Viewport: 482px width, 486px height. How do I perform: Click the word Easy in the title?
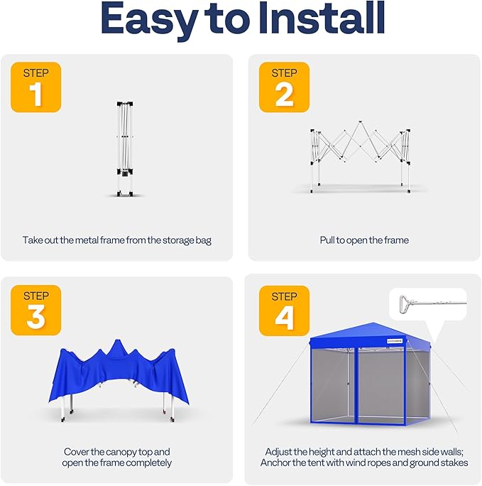click(150, 21)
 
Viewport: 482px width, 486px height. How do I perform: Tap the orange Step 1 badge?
click(35, 87)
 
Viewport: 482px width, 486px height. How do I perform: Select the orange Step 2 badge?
click(284, 87)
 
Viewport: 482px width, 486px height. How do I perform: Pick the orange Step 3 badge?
click(35, 310)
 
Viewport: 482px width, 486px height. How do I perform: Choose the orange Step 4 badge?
click(284, 310)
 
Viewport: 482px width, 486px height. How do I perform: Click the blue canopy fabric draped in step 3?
click(117, 377)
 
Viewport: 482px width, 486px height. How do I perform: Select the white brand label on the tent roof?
click(398, 342)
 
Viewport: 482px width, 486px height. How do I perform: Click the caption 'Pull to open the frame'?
click(364, 240)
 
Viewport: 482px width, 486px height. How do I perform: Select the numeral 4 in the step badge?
click(284, 318)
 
